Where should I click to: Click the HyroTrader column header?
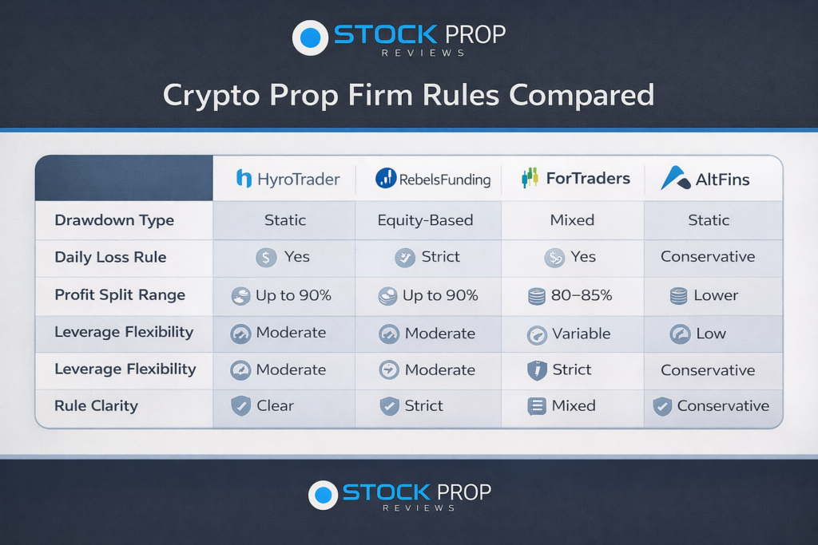coord(288,179)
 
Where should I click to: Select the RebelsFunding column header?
coord(432,179)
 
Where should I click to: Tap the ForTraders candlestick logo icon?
coord(530,178)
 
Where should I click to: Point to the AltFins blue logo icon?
coord(675,178)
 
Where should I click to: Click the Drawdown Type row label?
coord(114,220)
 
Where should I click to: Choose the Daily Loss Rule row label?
coord(110,257)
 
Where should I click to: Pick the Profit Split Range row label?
coord(120,295)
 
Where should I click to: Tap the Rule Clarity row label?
coord(96,406)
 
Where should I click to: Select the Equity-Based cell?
coord(425,220)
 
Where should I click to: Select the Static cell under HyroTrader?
coord(285,220)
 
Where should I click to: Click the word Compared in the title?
coord(582,95)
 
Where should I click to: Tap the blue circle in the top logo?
coord(310,38)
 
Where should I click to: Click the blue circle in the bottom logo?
coord(323,495)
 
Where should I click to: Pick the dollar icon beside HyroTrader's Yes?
coord(266,258)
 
